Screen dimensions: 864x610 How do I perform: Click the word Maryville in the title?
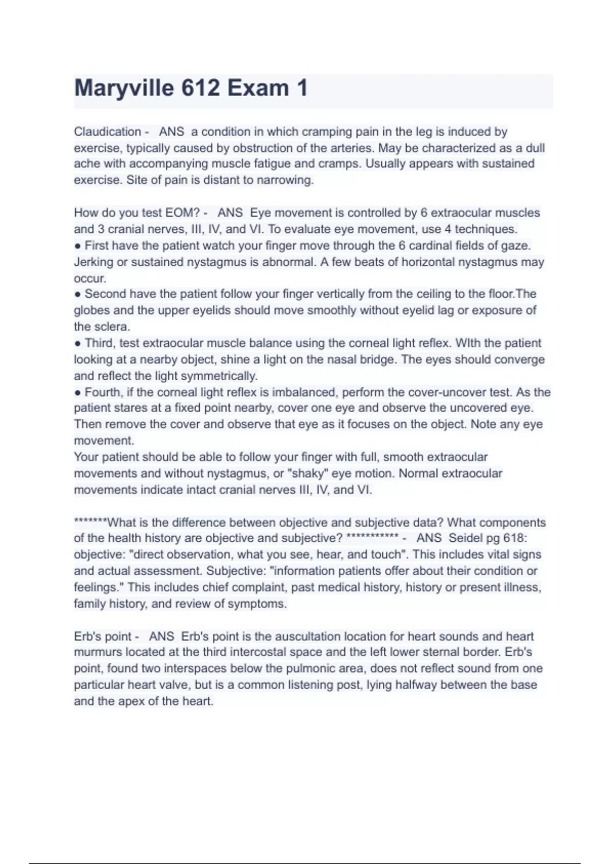[124, 88]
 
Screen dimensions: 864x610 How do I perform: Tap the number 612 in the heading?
[200, 88]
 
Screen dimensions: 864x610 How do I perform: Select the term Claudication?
[107, 132]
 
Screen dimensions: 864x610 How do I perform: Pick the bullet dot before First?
[78, 246]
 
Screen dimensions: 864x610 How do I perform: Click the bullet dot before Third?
[78, 344]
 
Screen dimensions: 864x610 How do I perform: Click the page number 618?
[514, 538]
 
